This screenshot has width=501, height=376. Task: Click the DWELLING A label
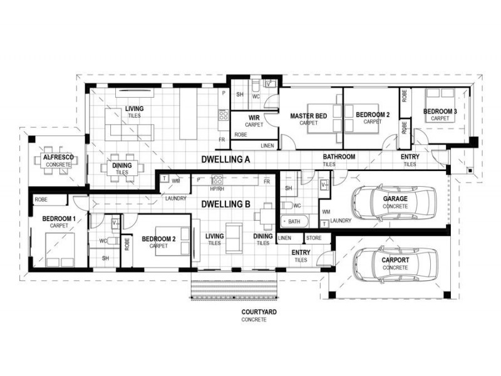(226, 160)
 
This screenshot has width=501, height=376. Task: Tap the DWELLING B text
(226, 204)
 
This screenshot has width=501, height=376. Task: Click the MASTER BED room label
(308, 116)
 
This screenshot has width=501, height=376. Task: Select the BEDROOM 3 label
(440, 112)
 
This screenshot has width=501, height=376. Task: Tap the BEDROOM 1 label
(59, 219)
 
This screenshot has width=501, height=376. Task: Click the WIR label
(254, 118)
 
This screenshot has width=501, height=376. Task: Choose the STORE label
(314, 238)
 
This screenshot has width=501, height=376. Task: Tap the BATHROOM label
(339, 157)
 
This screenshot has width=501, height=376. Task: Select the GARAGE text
(395, 199)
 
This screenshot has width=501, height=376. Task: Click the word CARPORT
(395, 260)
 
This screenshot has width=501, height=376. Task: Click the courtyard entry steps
(233, 290)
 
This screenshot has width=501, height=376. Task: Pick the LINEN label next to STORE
(284, 238)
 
